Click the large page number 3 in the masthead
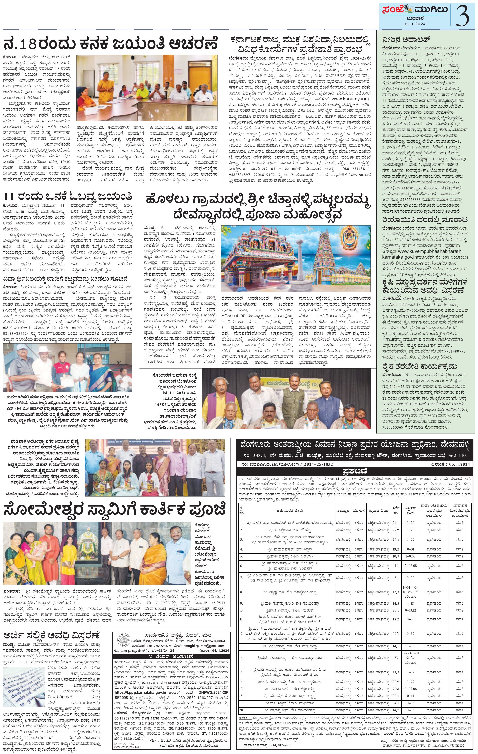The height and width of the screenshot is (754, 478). click(463, 16)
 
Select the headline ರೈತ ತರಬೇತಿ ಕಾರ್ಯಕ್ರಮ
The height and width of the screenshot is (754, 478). click(420, 366)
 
